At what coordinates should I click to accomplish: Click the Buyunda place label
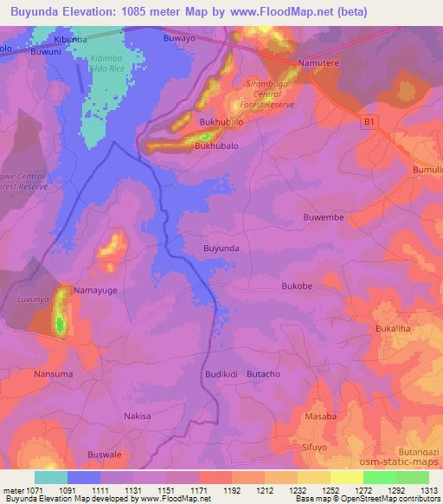coord(221,248)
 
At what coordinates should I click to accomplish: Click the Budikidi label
coord(221,373)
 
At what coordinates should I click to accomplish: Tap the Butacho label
coord(264,373)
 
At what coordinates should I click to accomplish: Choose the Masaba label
coord(322,417)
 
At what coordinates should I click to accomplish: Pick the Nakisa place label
coord(137,416)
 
